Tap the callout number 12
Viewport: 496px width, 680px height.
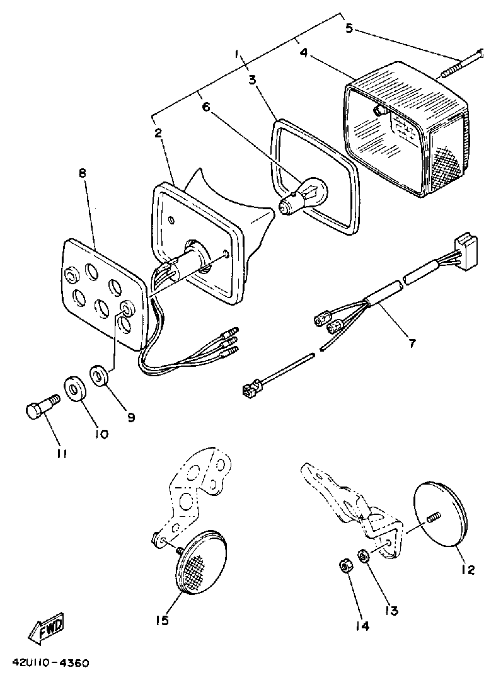pyautogui.click(x=466, y=570)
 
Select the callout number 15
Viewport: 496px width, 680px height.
pyautogui.click(x=162, y=621)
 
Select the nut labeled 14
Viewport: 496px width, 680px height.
pyautogui.click(x=345, y=565)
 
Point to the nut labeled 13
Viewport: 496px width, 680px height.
pyautogui.click(x=363, y=556)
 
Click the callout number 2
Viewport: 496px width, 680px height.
pyautogui.click(x=158, y=133)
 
